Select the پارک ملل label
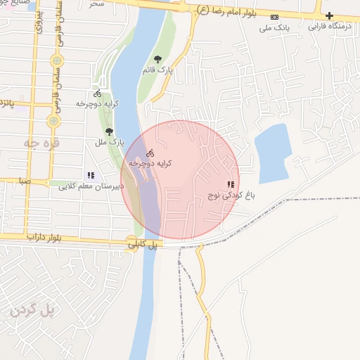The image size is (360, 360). tap(110, 142)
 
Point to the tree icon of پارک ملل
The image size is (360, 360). tap(108, 131)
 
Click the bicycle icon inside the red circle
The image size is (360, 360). tap(149, 153)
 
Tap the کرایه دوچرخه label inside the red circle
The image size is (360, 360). tap(150, 162)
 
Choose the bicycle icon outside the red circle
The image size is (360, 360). tap(97, 94)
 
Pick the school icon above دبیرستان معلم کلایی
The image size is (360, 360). tap(90, 175)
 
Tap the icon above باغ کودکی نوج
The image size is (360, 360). tap(231, 184)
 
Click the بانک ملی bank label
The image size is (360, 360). tap(274, 28)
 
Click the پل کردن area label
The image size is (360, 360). tap(32, 309)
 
